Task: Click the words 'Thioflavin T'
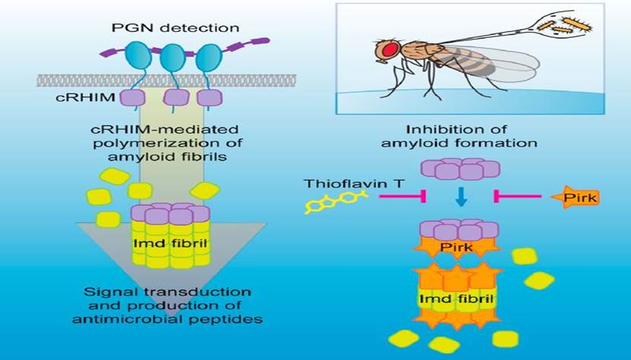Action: pyautogui.click(x=339, y=183)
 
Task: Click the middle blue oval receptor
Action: pyautogui.click(x=173, y=58)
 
